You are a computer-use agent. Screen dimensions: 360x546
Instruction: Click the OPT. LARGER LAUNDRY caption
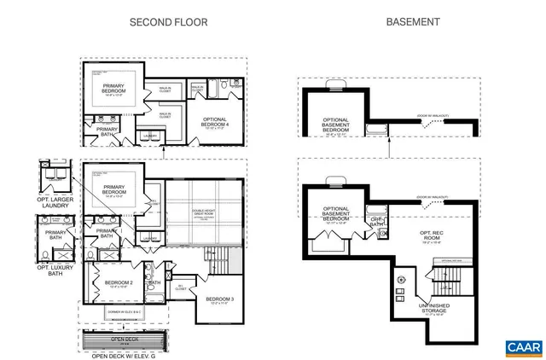click(x=56, y=205)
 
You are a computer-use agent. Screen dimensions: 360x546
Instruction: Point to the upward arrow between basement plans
click(x=390, y=148)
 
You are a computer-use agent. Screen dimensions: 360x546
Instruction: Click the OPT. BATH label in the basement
click(x=375, y=223)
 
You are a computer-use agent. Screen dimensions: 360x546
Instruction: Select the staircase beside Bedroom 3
click(x=213, y=260)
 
